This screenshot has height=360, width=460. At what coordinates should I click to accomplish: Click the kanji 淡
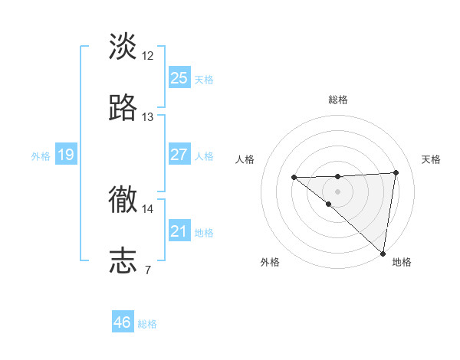(x=123, y=46)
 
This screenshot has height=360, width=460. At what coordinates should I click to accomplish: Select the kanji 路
(x=123, y=108)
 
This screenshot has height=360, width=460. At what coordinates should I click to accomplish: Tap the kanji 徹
(x=123, y=200)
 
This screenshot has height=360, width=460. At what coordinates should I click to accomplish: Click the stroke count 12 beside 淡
(x=148, y=55)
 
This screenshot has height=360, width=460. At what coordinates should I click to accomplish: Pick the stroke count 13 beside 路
(x=148, y=117)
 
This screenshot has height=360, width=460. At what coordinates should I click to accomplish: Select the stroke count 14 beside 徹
(x=148, y=208)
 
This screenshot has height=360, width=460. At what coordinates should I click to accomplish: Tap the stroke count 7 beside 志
(x=147, y=270)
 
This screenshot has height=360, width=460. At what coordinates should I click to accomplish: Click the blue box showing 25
(x=179, y=78)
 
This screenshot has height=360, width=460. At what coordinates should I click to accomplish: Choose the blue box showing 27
(x=179, y=155)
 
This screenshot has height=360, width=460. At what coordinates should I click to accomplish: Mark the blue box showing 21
(x=179, y=231)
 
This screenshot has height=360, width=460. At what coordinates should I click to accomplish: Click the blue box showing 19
(x=65, y=155)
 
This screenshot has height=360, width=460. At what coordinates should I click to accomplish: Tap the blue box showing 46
(x=123, y=322)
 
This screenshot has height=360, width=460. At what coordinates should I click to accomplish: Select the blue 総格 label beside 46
(x=147, y=324)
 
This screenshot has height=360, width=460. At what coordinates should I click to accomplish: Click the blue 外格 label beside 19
(x=41, y=156)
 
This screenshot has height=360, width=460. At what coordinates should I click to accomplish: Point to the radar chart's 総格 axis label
(x=337, y=100)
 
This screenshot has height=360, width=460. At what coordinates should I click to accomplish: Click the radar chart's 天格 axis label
(x=432, y=159)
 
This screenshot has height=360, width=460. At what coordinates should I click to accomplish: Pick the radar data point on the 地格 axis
(x=383, y=254)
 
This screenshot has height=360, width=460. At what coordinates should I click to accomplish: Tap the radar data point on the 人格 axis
(x=294, y=178)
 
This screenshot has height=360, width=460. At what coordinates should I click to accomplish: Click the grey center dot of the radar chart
(x=337, y=190)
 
